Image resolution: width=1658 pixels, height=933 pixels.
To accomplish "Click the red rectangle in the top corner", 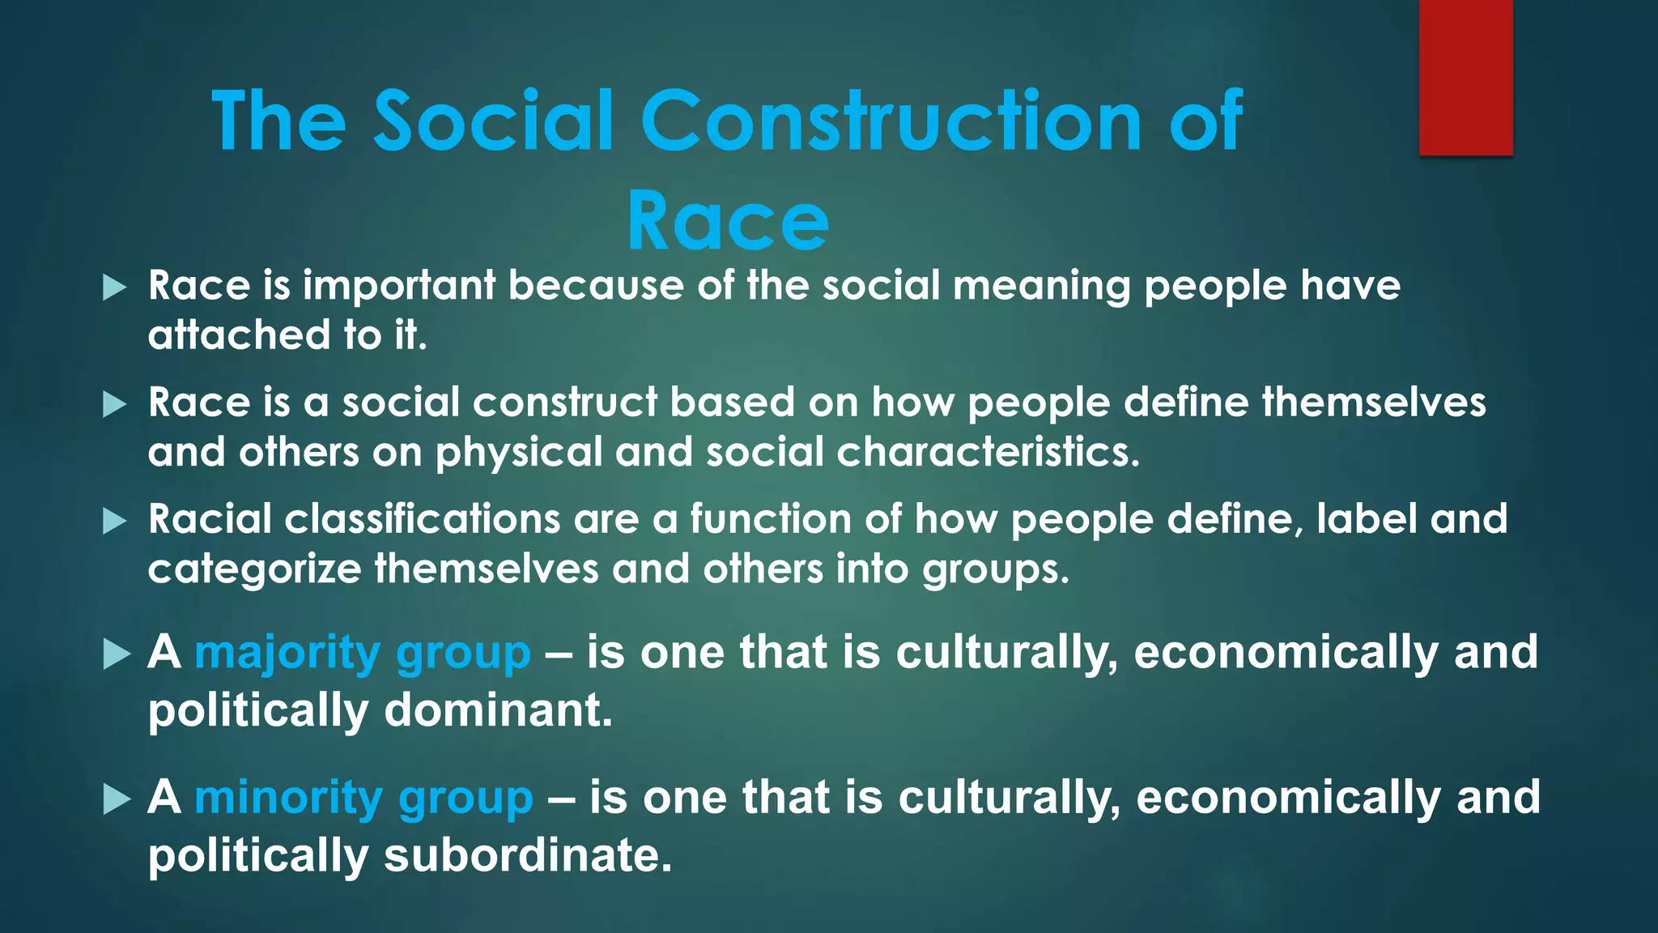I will click(x=1465, y=78).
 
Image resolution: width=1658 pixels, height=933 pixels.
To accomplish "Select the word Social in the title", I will click(x=493, y=121).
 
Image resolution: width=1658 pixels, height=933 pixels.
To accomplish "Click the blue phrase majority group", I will click(x=363, y=653).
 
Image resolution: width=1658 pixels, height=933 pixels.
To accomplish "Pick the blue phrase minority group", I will click(x=363, y=798).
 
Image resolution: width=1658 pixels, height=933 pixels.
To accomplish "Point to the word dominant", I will click(x=497, y=710).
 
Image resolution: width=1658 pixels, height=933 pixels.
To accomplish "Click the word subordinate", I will click(x=527, y=855).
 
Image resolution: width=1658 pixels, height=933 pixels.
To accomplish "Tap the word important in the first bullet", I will click(x=399, y=286).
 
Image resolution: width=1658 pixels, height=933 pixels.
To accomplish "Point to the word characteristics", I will click(x=988, y=452).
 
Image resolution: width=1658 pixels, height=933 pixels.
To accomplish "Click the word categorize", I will click(x=254, y=569).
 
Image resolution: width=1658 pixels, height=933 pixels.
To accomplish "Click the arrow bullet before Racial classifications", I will click(x=116, y=522).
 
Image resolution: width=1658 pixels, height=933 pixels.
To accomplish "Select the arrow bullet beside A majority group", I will click(x=117, y=654).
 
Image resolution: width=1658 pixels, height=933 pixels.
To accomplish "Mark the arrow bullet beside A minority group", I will click(x=117, y=800).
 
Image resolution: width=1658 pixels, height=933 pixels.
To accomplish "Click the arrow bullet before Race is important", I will click(x=116, y=288).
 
